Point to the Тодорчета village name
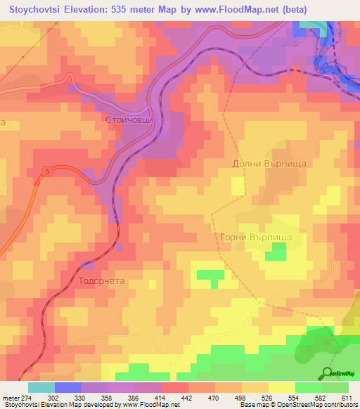point(101,280)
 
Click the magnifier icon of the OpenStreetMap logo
point(326,372)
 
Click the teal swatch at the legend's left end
point(41,387)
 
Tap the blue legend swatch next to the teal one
point(68,387)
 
